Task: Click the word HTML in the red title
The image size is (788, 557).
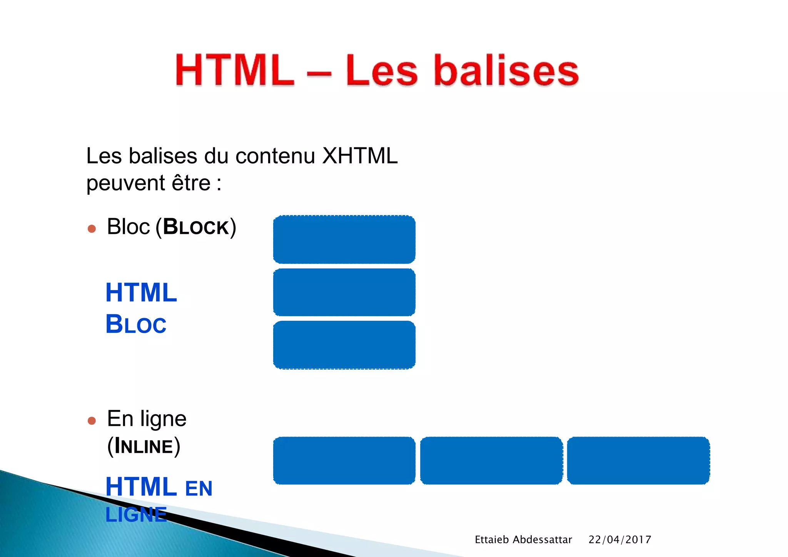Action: pyautogui.click(x=235, y=70)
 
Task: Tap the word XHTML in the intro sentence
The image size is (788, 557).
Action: pyautogui.click(x=360, y=156)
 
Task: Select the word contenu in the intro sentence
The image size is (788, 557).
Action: pyautogui.click(x=275, y=156)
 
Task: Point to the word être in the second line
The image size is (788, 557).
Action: pyautogui.click(x=191, y=183)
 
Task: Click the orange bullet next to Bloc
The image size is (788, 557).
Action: pyautogui.click(x=92, y=229)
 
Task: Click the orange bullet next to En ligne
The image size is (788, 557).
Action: pyautogui.click(x=92, y=421)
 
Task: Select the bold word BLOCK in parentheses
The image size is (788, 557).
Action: pyautogui.click(x=196, y=227)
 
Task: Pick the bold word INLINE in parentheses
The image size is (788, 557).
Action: pyautogui.click(x=144, y=446)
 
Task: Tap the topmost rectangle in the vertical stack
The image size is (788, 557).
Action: pyautogui.click(x=344, y=239)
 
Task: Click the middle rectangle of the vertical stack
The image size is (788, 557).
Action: pyautogui.click(x=344, y=292)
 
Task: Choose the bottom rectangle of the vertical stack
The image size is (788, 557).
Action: pyautogui.click(x=344, y=345)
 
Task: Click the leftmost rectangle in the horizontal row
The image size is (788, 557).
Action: pyautogui.click(x=344, y=460)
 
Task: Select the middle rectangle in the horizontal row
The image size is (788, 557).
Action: pyautogui.click(x=491, y=460)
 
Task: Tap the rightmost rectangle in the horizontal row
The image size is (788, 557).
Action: pyautogui.click(x=638, y=460)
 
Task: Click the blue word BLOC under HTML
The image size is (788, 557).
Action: pyautogui.click(x=136, y=324)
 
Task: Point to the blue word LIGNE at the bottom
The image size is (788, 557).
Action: pyautogui.click(x=136, y=515)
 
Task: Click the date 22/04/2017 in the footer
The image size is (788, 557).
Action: pyautogui.click(x=619, y=540)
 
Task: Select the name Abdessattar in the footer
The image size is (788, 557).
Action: pyautogui.click(x=542, y=540)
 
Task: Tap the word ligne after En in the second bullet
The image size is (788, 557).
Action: pyautogui.click(x=163, y=419)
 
